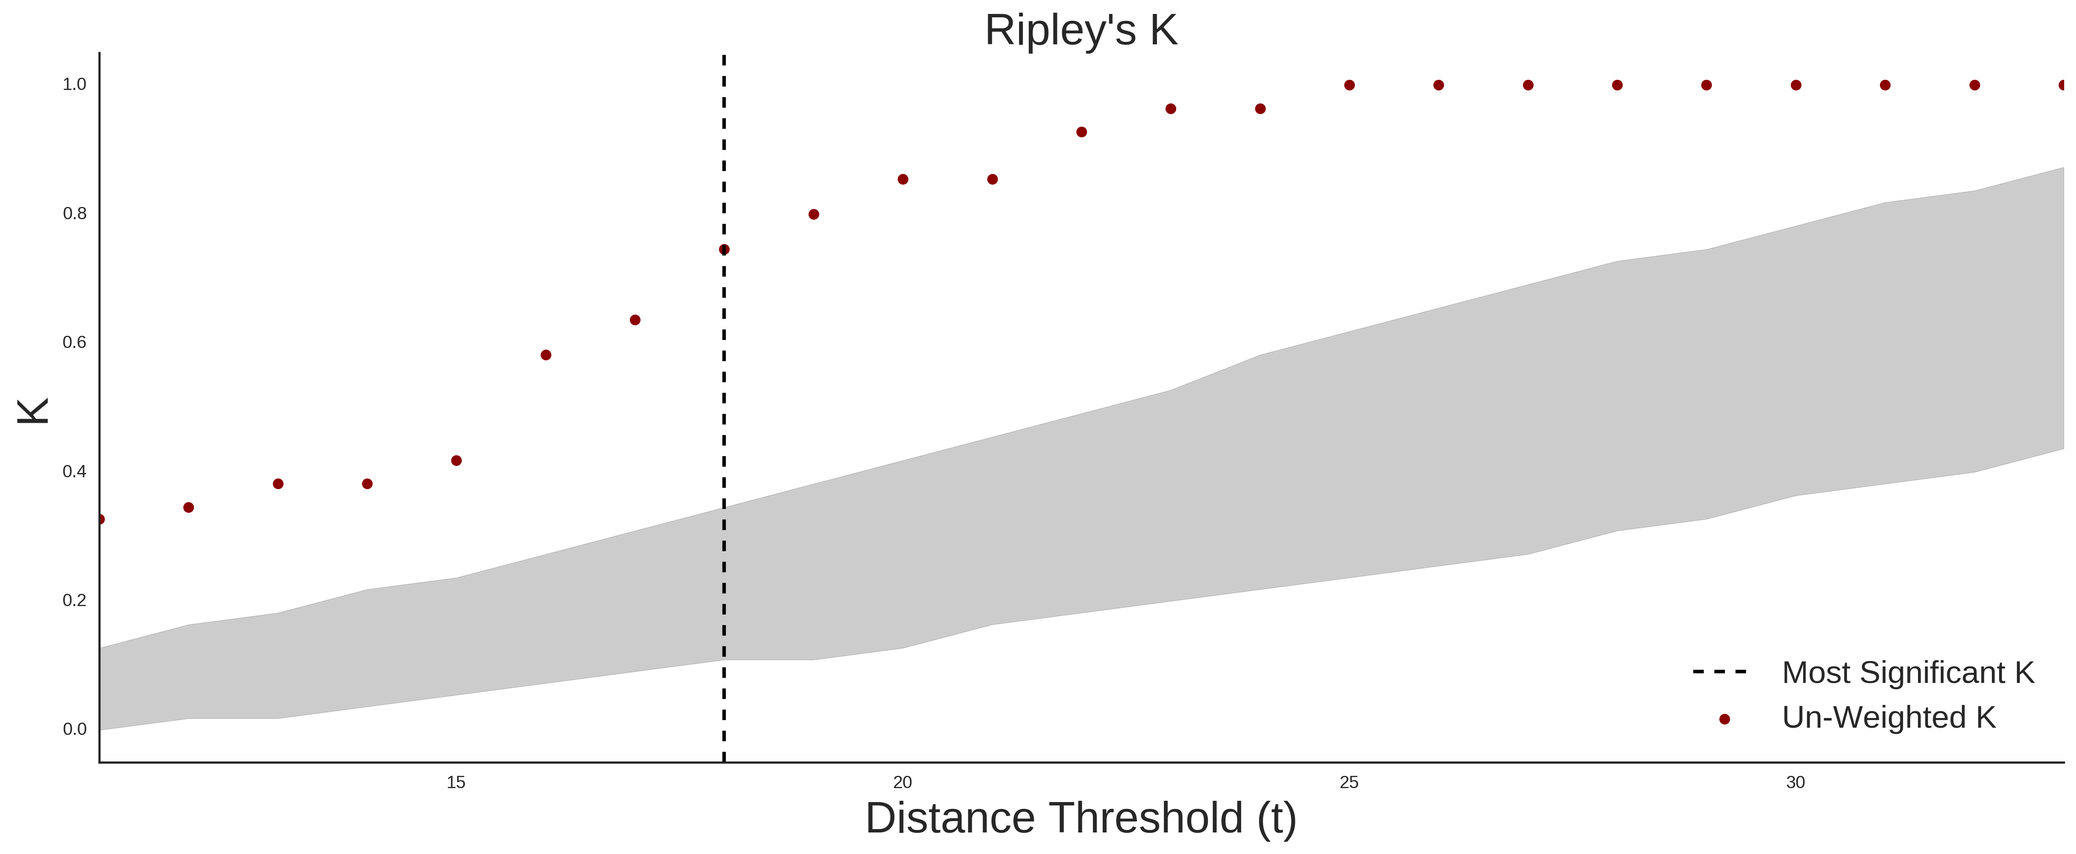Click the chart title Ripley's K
tap(1081, 30)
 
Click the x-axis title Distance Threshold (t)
tap(1081, 819)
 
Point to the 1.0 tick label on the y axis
tap(74, 84)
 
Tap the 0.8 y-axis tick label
tap(74, 214)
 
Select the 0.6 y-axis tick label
tap(74, 343)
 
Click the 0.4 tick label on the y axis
tap(74, 471)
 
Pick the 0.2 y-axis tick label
tap(74, 600)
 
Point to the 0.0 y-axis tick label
tap(74, 729)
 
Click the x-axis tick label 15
tap(456, 782)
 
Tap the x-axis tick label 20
tap(903, 782)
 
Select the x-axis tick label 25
tap(1349, 782)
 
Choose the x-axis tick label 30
tap(1795, 782)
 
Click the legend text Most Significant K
tap(1907, 673)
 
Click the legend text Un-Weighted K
tap(1888, 717)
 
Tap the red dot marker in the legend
tap(1724, 719)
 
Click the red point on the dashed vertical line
tap(724, 250)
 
